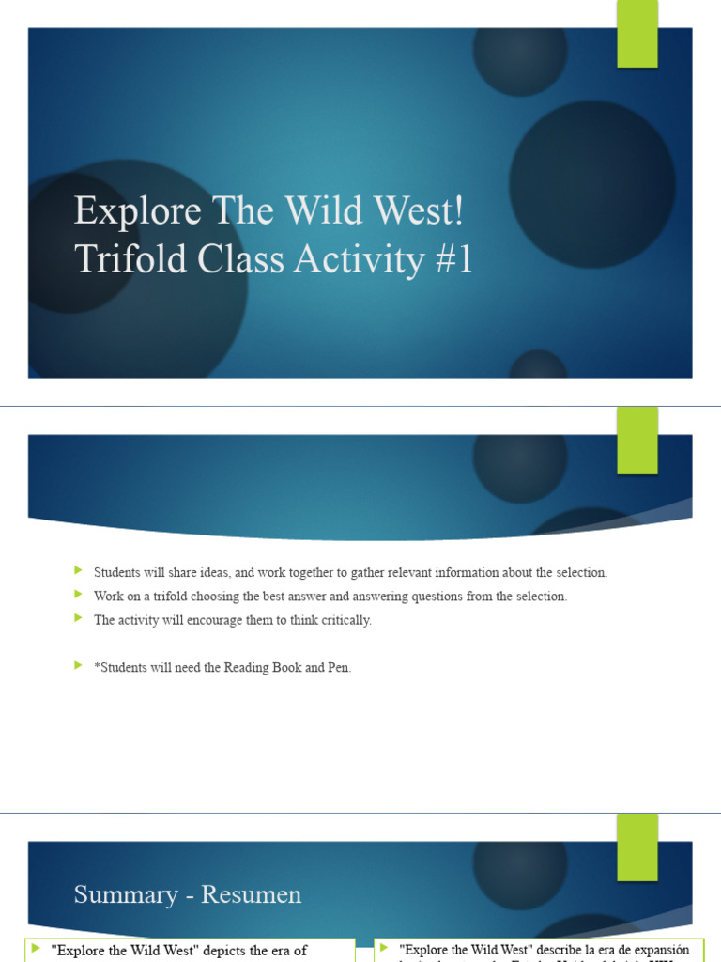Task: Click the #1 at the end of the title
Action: click(453, 260)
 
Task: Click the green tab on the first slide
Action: click(637, 34)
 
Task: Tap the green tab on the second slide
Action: click(637, 441)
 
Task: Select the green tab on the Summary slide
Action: click(637, 846)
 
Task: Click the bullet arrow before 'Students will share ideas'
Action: click(78, 571)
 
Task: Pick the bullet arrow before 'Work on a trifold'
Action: click(78, 595)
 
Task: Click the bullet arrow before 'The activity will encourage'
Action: click(78, 619)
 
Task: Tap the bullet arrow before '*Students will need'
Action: click(78, 666)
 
